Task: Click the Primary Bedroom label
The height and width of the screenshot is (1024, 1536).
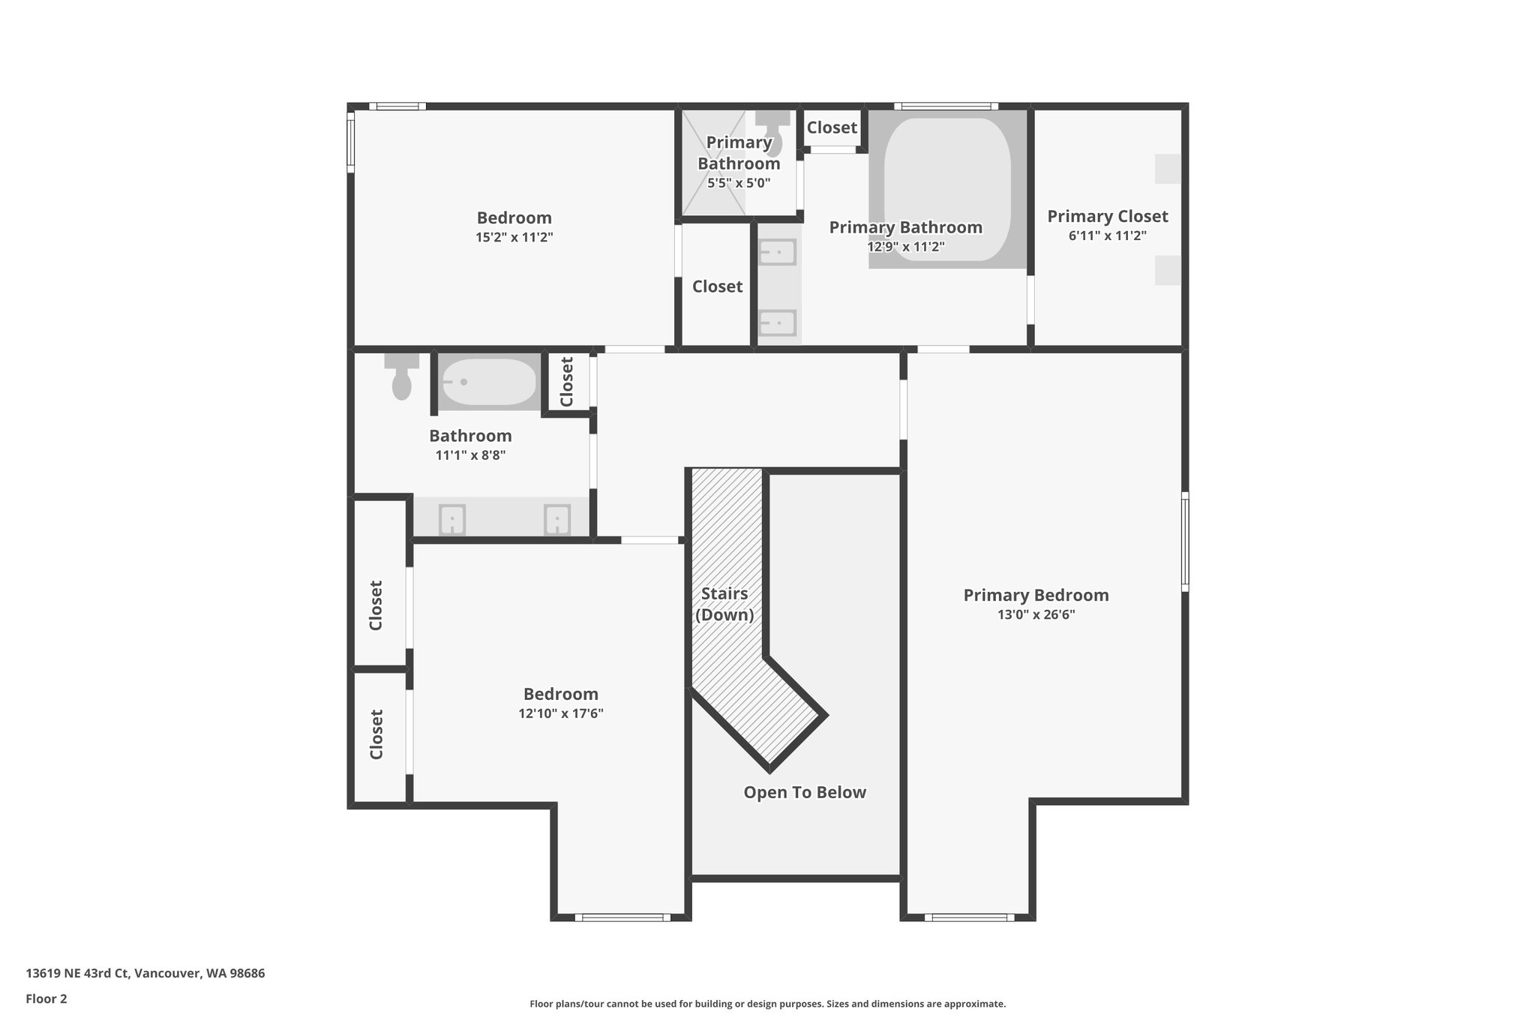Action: coord(1036,595)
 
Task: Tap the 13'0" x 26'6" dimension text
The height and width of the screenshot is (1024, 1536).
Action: coord(1036,615)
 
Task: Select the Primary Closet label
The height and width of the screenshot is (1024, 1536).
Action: coord(1107,216)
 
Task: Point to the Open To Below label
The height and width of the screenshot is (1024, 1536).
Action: coord(805,792)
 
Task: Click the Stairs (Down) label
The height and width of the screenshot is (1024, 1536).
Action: coord(724,604)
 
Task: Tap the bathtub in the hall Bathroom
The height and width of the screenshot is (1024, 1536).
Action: coord(488,382)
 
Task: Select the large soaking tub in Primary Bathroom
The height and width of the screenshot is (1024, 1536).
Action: coord(947,189)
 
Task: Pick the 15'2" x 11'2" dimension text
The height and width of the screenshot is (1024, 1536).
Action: coord(514,238)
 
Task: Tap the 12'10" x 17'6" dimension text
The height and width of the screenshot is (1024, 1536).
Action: coord(561,713)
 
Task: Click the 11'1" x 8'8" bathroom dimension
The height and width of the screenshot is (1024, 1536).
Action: coord(470,455)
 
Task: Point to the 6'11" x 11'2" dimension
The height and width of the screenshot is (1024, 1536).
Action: coord(1108,236)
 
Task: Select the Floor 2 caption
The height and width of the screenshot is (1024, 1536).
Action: coord(46,998)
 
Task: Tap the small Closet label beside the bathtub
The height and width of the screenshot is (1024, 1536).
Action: coord(567,382)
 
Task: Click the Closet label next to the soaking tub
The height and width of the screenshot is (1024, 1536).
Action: coord(832,128)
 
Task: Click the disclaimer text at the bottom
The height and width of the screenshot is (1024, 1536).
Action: coord(767,1004)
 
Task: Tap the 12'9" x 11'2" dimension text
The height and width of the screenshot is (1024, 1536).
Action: coord(905,246)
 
